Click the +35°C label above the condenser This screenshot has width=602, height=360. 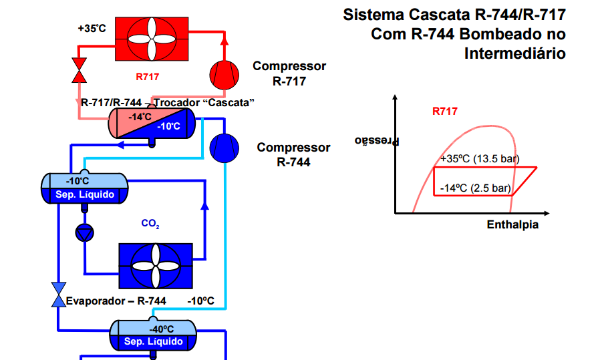pyautogui.click(x=92, y=29)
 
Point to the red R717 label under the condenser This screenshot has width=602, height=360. pyautogui.click(x=147, y=77)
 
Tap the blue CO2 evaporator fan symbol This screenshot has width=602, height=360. pyautogui.click(x=156, y=264)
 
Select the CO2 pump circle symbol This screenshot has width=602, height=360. pyautogui.click(x=85, y=232)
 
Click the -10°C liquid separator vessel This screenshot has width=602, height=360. pyautogui.click(x=84, y=188)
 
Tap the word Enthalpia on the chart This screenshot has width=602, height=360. pyautogui.click(x=512, y=225)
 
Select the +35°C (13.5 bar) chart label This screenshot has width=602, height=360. pyautogui.click(x=480, y=160)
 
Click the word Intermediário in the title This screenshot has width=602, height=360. pyautogui.click(x=514, y=53)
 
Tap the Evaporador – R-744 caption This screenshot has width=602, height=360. pyautogui.click(x=116, y=301)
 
